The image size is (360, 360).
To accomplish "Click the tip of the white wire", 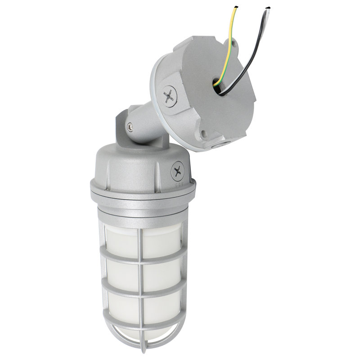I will [x=269, y=8].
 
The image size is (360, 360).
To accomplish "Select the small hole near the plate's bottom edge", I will [x=204, y=133].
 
